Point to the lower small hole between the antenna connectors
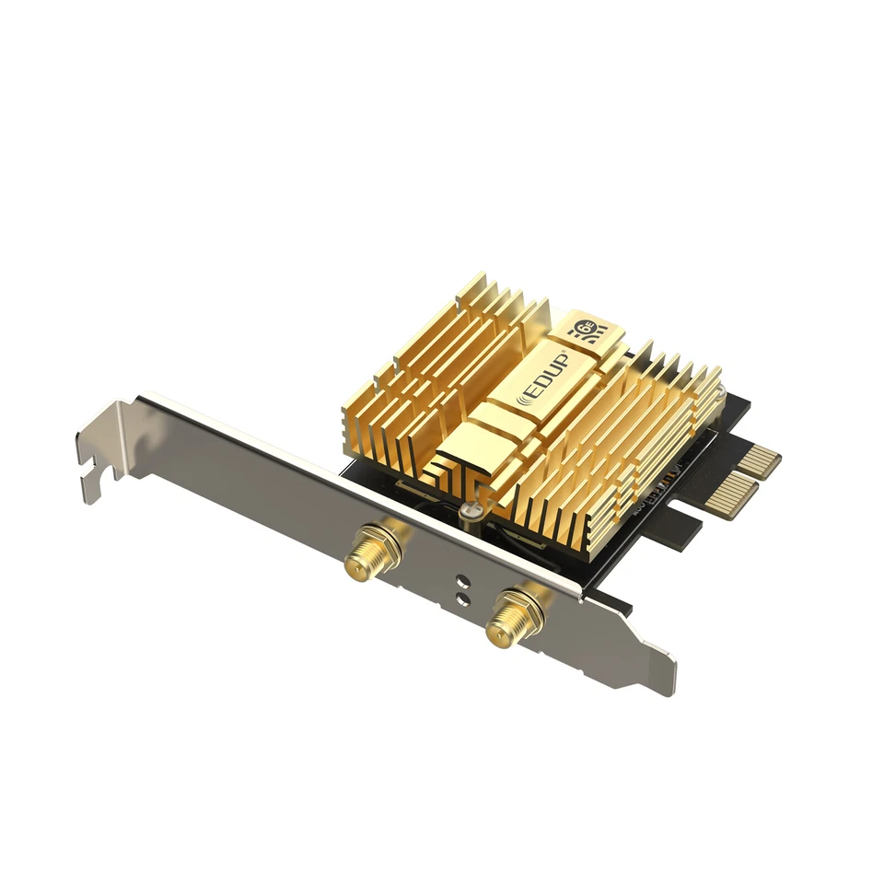(460, 599)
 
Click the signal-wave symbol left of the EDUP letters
(528, 395)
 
